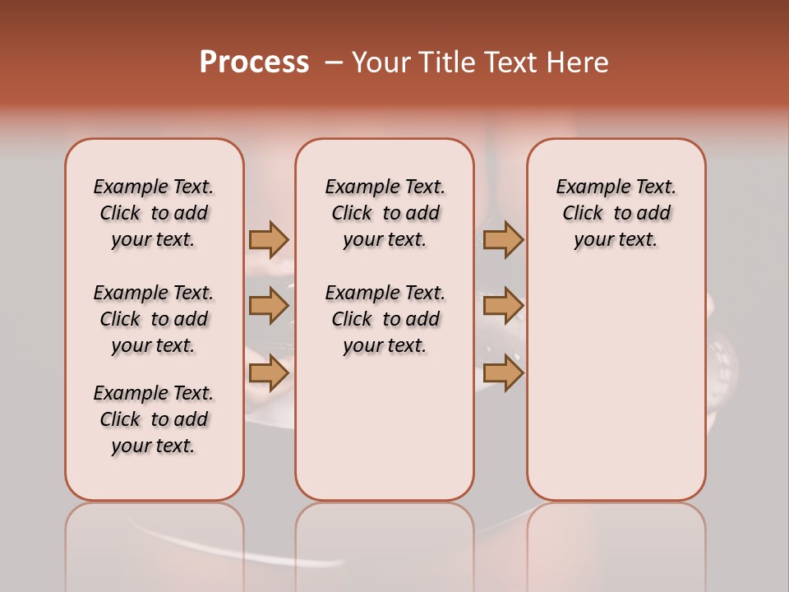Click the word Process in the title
point(254,62)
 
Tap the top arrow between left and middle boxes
point(269,239)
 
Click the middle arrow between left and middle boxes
point(269,306)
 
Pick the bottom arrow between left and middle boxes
point(269,373)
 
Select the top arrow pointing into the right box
point(503,239)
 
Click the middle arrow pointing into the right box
point(503,306)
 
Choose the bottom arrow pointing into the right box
point(503,373)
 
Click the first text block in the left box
point(154,213)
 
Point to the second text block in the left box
point(154,319)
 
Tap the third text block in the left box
point(154,419)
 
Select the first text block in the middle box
point(385,213)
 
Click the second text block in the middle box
point(385,319)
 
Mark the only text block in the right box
point(616,213)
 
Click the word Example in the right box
point(586,187)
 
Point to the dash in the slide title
point(334,62)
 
